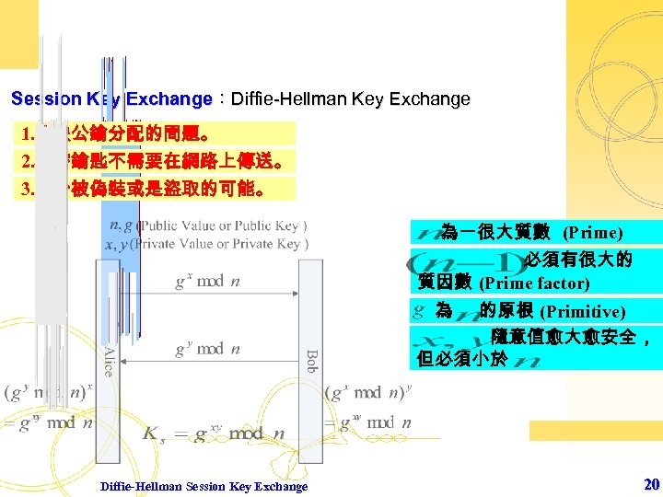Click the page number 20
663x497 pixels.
tap(652, 484)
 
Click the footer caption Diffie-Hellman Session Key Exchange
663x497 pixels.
tap(204, 486)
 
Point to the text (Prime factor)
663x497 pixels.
tap(534, 283)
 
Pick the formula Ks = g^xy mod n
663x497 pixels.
tap(214, 433)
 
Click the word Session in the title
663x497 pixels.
tap(45, 99)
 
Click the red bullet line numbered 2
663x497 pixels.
tap(157, 161)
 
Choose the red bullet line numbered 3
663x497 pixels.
tap(157, 189)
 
